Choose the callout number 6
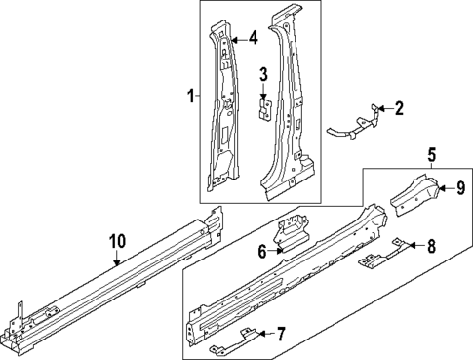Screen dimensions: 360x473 (x=261, y=251)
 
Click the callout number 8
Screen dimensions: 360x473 (x=431, y=248)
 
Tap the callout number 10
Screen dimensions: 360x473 (x=116, y=241)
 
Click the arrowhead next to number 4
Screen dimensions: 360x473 (x=234, y=39)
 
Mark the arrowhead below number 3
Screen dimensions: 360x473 (x=262, y=94)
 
